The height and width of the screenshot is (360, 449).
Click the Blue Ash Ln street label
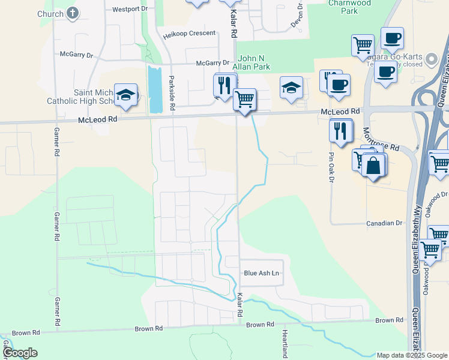(262, 273)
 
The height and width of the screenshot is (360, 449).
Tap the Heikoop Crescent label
(189, 34)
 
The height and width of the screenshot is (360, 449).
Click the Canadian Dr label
(384, 223)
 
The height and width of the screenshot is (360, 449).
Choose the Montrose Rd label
(385, 143)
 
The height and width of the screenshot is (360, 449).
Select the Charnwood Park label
(343, 7)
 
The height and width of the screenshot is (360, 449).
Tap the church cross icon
(73, 13)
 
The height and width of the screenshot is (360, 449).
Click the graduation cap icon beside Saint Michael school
(126, 95)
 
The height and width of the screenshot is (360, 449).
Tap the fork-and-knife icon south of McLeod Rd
(341, 131)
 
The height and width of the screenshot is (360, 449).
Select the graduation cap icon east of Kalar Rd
(291, 88)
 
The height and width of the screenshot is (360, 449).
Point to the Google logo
(20, 353)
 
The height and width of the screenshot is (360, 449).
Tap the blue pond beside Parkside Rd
(155, 89)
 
